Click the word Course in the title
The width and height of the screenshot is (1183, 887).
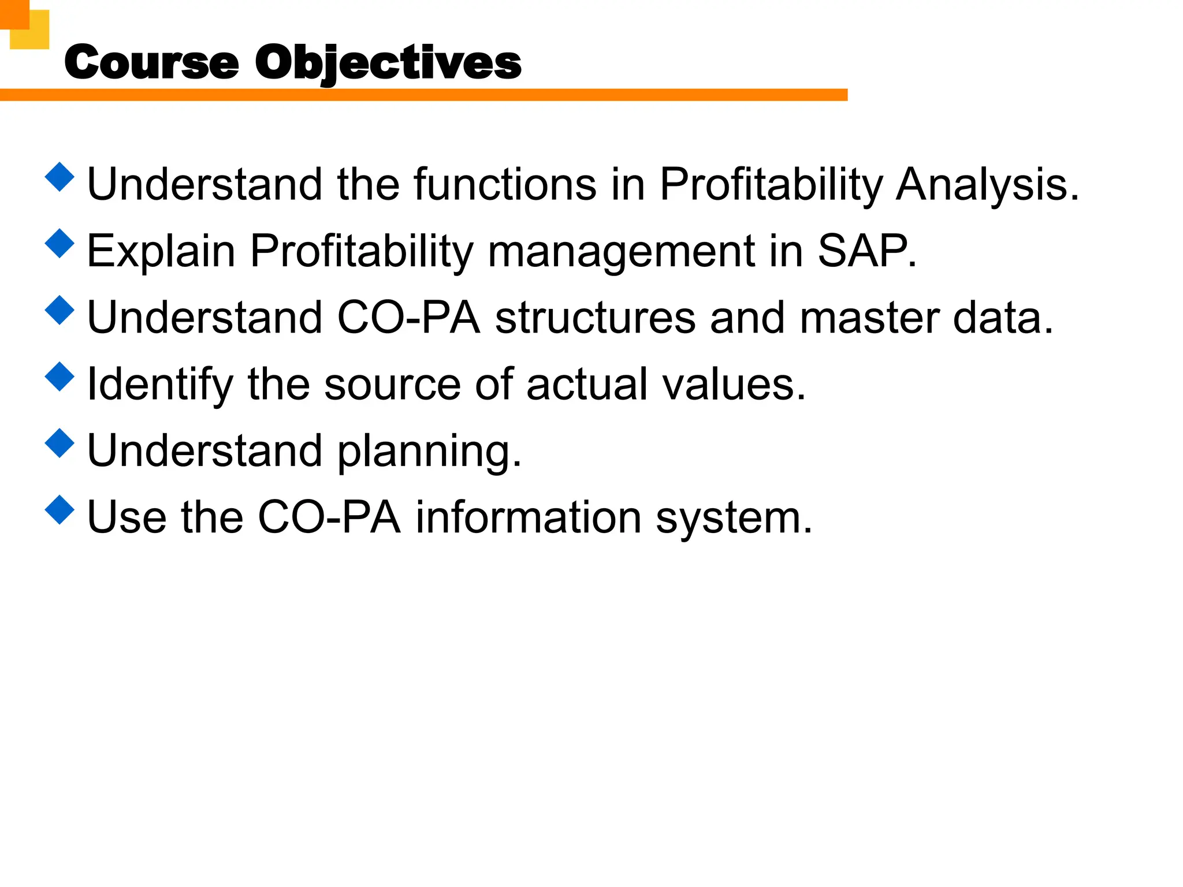151,62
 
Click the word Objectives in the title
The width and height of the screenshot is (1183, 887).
388,63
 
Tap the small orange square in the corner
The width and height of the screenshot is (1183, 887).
14,14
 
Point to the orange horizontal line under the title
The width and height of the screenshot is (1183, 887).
423,95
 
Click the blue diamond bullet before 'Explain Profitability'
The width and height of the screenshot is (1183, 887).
59,243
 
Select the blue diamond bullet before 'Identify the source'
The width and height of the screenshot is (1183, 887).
59,377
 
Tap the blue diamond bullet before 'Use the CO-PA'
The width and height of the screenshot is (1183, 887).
59,510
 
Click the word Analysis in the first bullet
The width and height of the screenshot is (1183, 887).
987,185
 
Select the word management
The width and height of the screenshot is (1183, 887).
621,252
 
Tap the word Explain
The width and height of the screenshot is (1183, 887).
161,252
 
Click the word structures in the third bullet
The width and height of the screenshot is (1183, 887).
595,318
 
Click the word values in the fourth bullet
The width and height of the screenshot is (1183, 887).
734,385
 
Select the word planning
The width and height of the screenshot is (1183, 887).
429,452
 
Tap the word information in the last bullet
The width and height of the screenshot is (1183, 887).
529,517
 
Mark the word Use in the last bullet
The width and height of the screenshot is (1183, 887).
127,517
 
